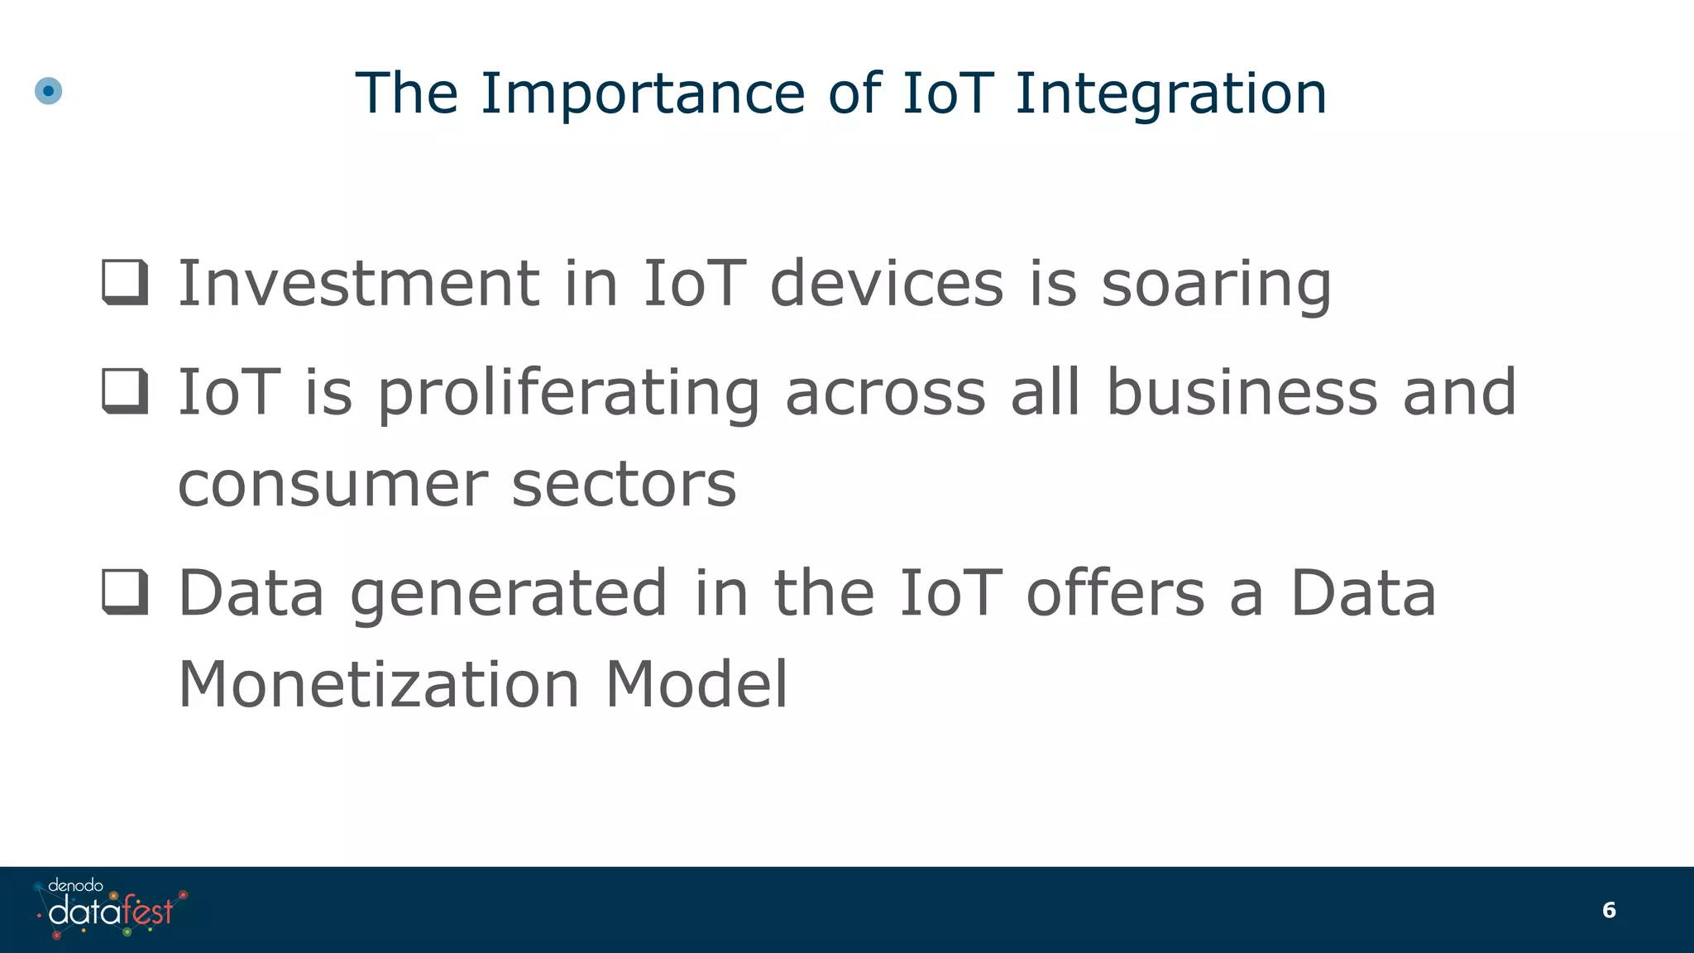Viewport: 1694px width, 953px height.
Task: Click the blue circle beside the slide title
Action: pyautogui.click(x=49, y=91)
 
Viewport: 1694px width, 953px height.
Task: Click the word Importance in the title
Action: pyautogui.click(x=643, y=93)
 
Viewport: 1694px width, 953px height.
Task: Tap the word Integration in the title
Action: pyautogui.click(x=1170, y=93)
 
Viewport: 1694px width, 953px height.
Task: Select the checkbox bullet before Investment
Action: pyautogui.click(x=125, y=282)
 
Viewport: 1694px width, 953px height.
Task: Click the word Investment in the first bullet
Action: pyautogui.click(x=359, y=283)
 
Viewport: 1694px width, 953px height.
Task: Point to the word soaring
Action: pyautogui.click(x=1216, y=285)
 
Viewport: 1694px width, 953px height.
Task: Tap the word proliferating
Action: pyautogui.click(x=568, y=392)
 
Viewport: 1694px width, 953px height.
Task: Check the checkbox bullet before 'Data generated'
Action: pyautogui.click(x=125, y=592)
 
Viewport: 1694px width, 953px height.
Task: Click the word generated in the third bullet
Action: pyautogui.click(x=508, y=594)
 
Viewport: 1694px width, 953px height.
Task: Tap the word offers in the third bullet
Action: pyautogui.click(x=1115, y=592)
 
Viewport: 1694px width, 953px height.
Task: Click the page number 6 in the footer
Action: pyautogui.click(x=1609, y=910)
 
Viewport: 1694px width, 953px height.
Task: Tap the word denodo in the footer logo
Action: pyautogui.click(x=75, y=885)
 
